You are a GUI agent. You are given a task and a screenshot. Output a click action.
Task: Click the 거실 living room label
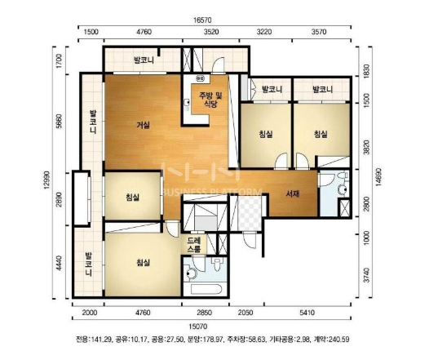pyautogui.click(x=144, y=126)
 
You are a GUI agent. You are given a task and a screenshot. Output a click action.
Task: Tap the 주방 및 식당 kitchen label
pyautogui.click(x=210, y=100)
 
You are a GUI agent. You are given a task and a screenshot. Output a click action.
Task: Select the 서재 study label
pyautogui.click(x=293, y=193)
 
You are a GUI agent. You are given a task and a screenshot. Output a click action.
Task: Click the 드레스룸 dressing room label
pyautogui.click(x=194, y=245)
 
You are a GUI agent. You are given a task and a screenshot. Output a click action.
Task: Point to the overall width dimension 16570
pyautogui.click(x=202, y=20)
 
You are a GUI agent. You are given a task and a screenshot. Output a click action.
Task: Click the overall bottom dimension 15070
pyautogui.click(x=198, y=327)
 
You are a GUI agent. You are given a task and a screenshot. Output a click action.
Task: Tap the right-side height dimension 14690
pyautogui.click(x=379, y=177)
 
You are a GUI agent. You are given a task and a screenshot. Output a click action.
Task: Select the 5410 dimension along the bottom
pyautogui.click(x=307, y=313)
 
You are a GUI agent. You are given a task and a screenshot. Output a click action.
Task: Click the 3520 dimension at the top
pyautogui.click(x=211, y=32)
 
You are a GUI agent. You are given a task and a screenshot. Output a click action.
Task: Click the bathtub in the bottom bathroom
pyautogui.click(x=205, y=289)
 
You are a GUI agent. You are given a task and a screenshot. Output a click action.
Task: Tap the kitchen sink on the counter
pyautogui.click(x=187, y=103)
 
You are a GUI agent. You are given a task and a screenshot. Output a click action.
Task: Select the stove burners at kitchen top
pyautogui.click(x=201, y=78)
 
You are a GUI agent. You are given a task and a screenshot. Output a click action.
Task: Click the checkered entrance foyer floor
pyautogui.click(x=250, y=213)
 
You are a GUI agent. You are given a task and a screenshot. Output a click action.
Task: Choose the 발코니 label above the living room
pyautogui.click(x=144, y=60)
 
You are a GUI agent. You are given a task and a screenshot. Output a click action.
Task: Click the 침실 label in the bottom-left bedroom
pyautogui.click(x=143, y=263)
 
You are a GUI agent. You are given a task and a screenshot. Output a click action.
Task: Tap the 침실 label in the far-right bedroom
pyautogui.click(x=321, y=134)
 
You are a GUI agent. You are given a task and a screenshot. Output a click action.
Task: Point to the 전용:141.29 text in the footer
pyautogui.click(x=94, y=340)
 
